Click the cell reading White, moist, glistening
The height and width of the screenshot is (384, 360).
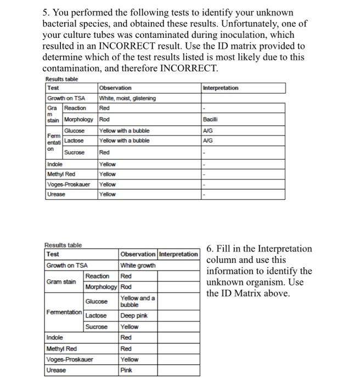coord(127,98)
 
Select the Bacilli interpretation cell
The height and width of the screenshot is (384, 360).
coord(211,118)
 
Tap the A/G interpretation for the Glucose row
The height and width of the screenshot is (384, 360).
coord(207,131)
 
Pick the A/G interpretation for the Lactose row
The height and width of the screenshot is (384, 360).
coord(207,141)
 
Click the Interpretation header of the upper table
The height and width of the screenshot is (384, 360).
coord(221,88)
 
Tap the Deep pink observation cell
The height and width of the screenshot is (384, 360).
coord(133,315)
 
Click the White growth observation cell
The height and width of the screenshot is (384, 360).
coord(138,266)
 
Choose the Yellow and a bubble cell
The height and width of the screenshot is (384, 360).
coord(138,301)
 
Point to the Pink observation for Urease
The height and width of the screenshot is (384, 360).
coord(126,370)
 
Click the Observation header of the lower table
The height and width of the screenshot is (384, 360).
coord(138,255)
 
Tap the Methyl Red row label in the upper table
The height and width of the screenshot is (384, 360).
coord(63,174)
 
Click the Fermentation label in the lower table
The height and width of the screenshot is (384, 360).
coord(64,312)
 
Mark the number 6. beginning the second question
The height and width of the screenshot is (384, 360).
coord(211,249)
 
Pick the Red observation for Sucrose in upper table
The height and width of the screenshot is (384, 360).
coord(104,152)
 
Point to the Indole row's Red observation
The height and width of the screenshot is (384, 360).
coord(126,337)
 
